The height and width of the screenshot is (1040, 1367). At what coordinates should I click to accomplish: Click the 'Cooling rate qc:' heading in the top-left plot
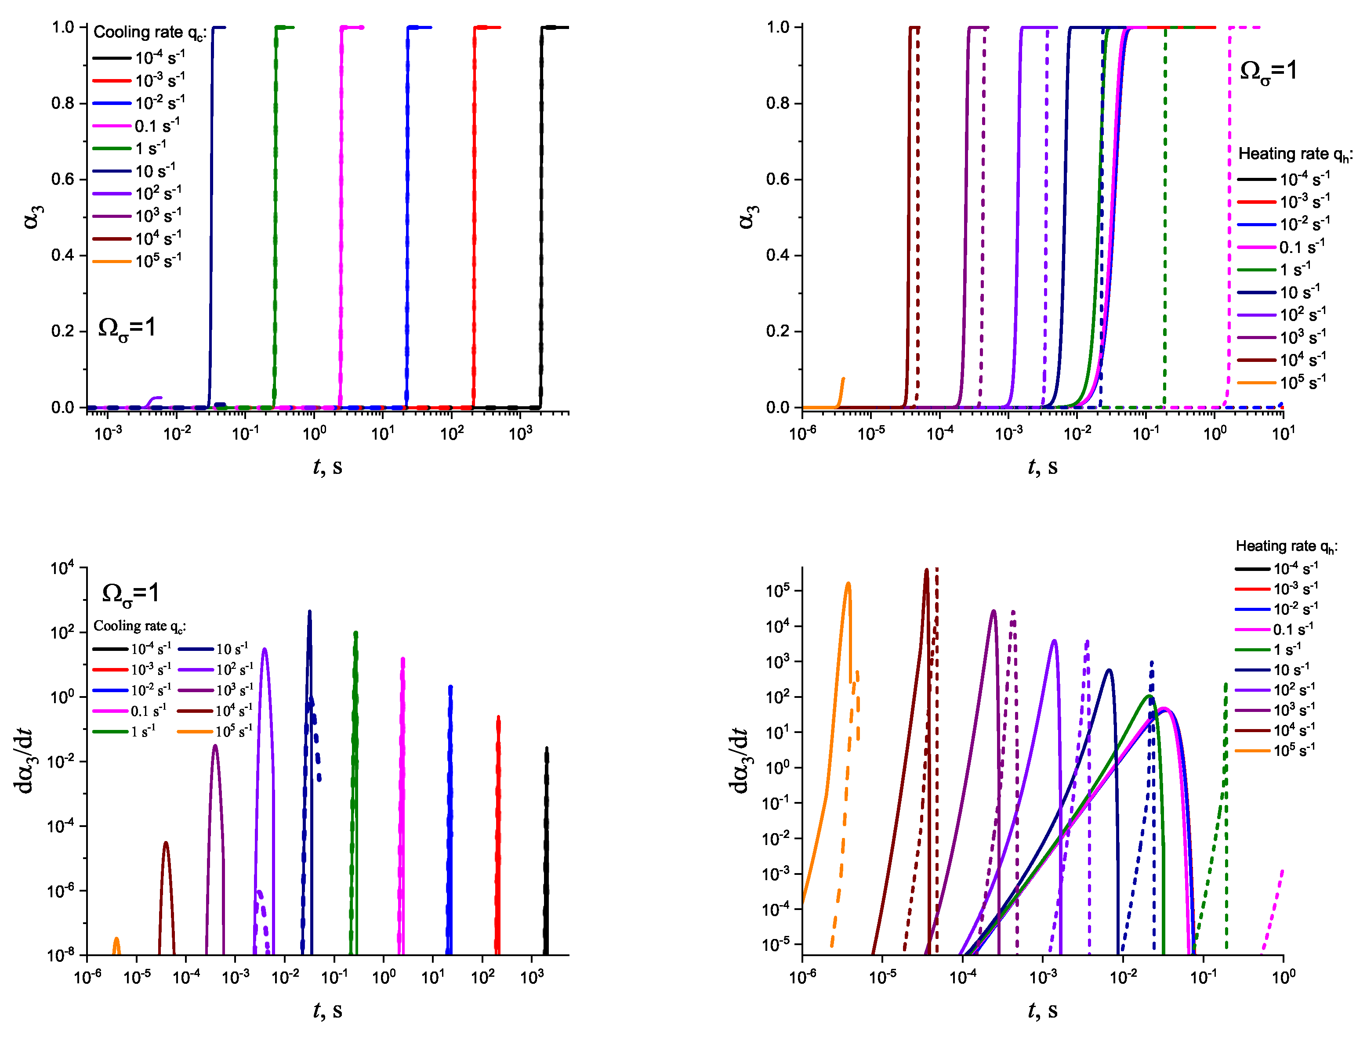point(149,32)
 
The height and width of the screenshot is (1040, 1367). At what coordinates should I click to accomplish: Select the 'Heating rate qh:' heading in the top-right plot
point(1294,154)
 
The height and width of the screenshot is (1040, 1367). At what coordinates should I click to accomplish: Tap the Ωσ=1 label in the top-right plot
point(1268,71)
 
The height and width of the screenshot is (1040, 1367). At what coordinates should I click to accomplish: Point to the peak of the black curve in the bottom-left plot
point(546,749)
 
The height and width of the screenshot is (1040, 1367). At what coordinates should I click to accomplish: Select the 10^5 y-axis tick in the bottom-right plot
point(777,591)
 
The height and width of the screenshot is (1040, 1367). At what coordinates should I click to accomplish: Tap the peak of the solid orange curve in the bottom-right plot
point(848,583)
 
